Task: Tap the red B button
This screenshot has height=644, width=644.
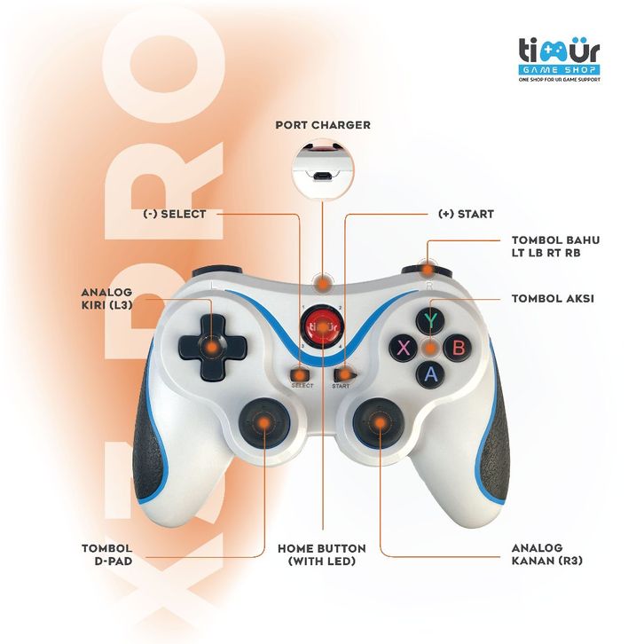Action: coord(458,347)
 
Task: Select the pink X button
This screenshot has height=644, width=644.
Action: coord(404,347)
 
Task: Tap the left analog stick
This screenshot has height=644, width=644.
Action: coord(264,423)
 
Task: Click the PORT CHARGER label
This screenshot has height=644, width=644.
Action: coord(322,125)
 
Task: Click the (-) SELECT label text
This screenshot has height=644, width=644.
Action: coord(174,214)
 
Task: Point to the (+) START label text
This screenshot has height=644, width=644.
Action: coord(467,214)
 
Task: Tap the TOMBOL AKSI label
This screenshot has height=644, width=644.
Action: coord(552,299)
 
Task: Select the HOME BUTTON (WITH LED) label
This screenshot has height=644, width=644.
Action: coord(322,554)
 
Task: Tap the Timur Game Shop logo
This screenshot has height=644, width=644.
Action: coord(559,59)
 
